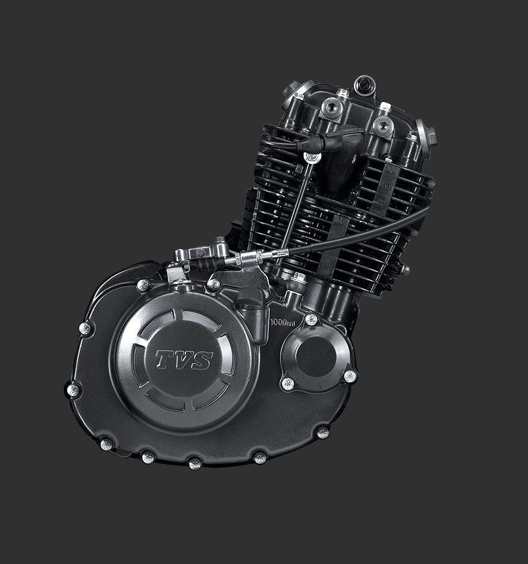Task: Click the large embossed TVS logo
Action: coord(183,360)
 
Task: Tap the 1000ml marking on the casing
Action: coord(282,323)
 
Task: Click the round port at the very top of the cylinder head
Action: coord(365,85)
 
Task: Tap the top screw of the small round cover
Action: coord(310,320)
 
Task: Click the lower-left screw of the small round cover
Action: coord(288,383)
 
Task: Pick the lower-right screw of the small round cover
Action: coord(349,376)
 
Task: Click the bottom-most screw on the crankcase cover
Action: coord(194,463)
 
